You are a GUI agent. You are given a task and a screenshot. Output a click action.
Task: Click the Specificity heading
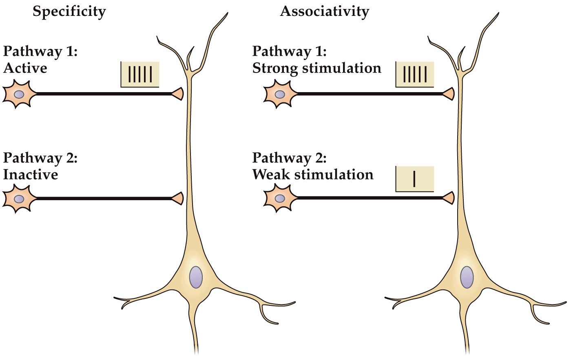tap(69, 11)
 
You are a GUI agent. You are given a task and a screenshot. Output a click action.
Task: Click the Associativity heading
tap(324, 11)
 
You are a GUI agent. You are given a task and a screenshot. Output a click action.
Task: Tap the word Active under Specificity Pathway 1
tap(25, 68)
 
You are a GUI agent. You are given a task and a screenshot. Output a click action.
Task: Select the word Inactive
tap(30, 174)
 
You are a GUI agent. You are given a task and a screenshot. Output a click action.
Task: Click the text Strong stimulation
tap(316, 68)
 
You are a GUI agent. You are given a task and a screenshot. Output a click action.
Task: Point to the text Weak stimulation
tap(313, 174)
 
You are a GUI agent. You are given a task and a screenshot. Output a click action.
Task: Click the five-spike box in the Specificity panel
tap(140, 75)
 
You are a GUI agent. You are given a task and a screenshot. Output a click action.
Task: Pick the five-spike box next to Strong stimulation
tap(414, 75)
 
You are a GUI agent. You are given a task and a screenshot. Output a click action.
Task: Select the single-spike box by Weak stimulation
tap(414, 179)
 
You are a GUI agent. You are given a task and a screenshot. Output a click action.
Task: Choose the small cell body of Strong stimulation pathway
tap(279, 94)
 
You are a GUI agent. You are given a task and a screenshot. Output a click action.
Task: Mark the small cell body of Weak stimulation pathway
tap(279, 199)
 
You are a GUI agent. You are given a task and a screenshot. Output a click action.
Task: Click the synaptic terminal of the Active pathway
tap(178, 94)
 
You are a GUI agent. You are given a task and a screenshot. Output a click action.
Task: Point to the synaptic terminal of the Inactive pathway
tap(178, 199)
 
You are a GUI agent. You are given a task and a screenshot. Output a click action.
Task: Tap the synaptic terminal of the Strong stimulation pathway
tap(449, 94)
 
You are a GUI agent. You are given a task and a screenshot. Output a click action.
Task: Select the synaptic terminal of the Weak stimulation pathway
tap(449, 198)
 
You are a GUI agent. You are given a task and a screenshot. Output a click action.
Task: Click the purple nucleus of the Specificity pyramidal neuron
tap(196, 277)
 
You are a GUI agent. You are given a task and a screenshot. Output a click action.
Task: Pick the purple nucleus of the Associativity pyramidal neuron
tap(467, 277)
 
